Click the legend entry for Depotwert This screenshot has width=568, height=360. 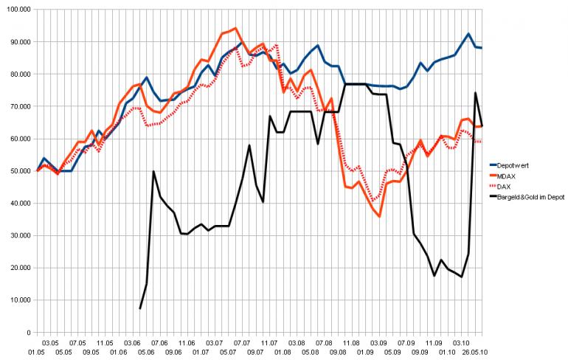513,165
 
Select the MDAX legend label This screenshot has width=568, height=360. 508,176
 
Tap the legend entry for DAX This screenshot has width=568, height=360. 505,186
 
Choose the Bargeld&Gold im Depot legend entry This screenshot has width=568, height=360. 530,196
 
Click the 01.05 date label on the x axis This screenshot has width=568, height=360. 37,352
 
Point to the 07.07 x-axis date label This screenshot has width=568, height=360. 240,343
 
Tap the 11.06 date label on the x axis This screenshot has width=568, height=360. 187,343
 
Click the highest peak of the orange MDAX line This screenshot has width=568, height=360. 235,28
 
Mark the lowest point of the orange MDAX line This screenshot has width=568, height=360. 379,216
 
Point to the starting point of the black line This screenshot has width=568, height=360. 140,308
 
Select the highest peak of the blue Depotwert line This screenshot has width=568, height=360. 468,34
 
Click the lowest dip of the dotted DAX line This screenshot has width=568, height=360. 374,200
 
